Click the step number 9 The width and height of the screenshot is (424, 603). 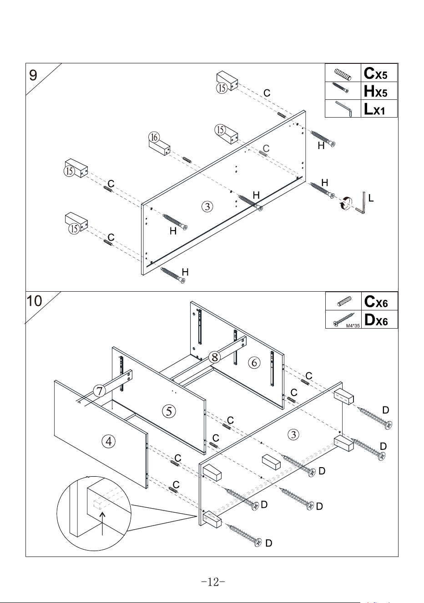click(33, 75)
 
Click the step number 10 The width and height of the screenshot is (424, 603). click(34, 301)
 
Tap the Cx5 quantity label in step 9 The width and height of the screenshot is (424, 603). click(375, 73)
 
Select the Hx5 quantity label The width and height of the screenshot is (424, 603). click(375, 91)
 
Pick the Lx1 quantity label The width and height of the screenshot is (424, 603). click(374, 109)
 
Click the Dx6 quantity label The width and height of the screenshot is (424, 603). click(376, 320)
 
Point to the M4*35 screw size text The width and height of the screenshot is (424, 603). click(353, 326)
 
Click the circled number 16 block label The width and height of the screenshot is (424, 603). click(154, 137)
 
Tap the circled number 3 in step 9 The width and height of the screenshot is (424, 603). click(207, 206)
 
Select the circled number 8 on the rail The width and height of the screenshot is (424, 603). click(214, 357)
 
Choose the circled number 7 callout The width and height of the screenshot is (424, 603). click(100, 391)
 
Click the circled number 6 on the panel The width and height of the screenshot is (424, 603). click(254, 363)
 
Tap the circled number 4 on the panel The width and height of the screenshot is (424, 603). click(109, 441)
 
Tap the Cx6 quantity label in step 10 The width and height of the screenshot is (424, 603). click(376, 302)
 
